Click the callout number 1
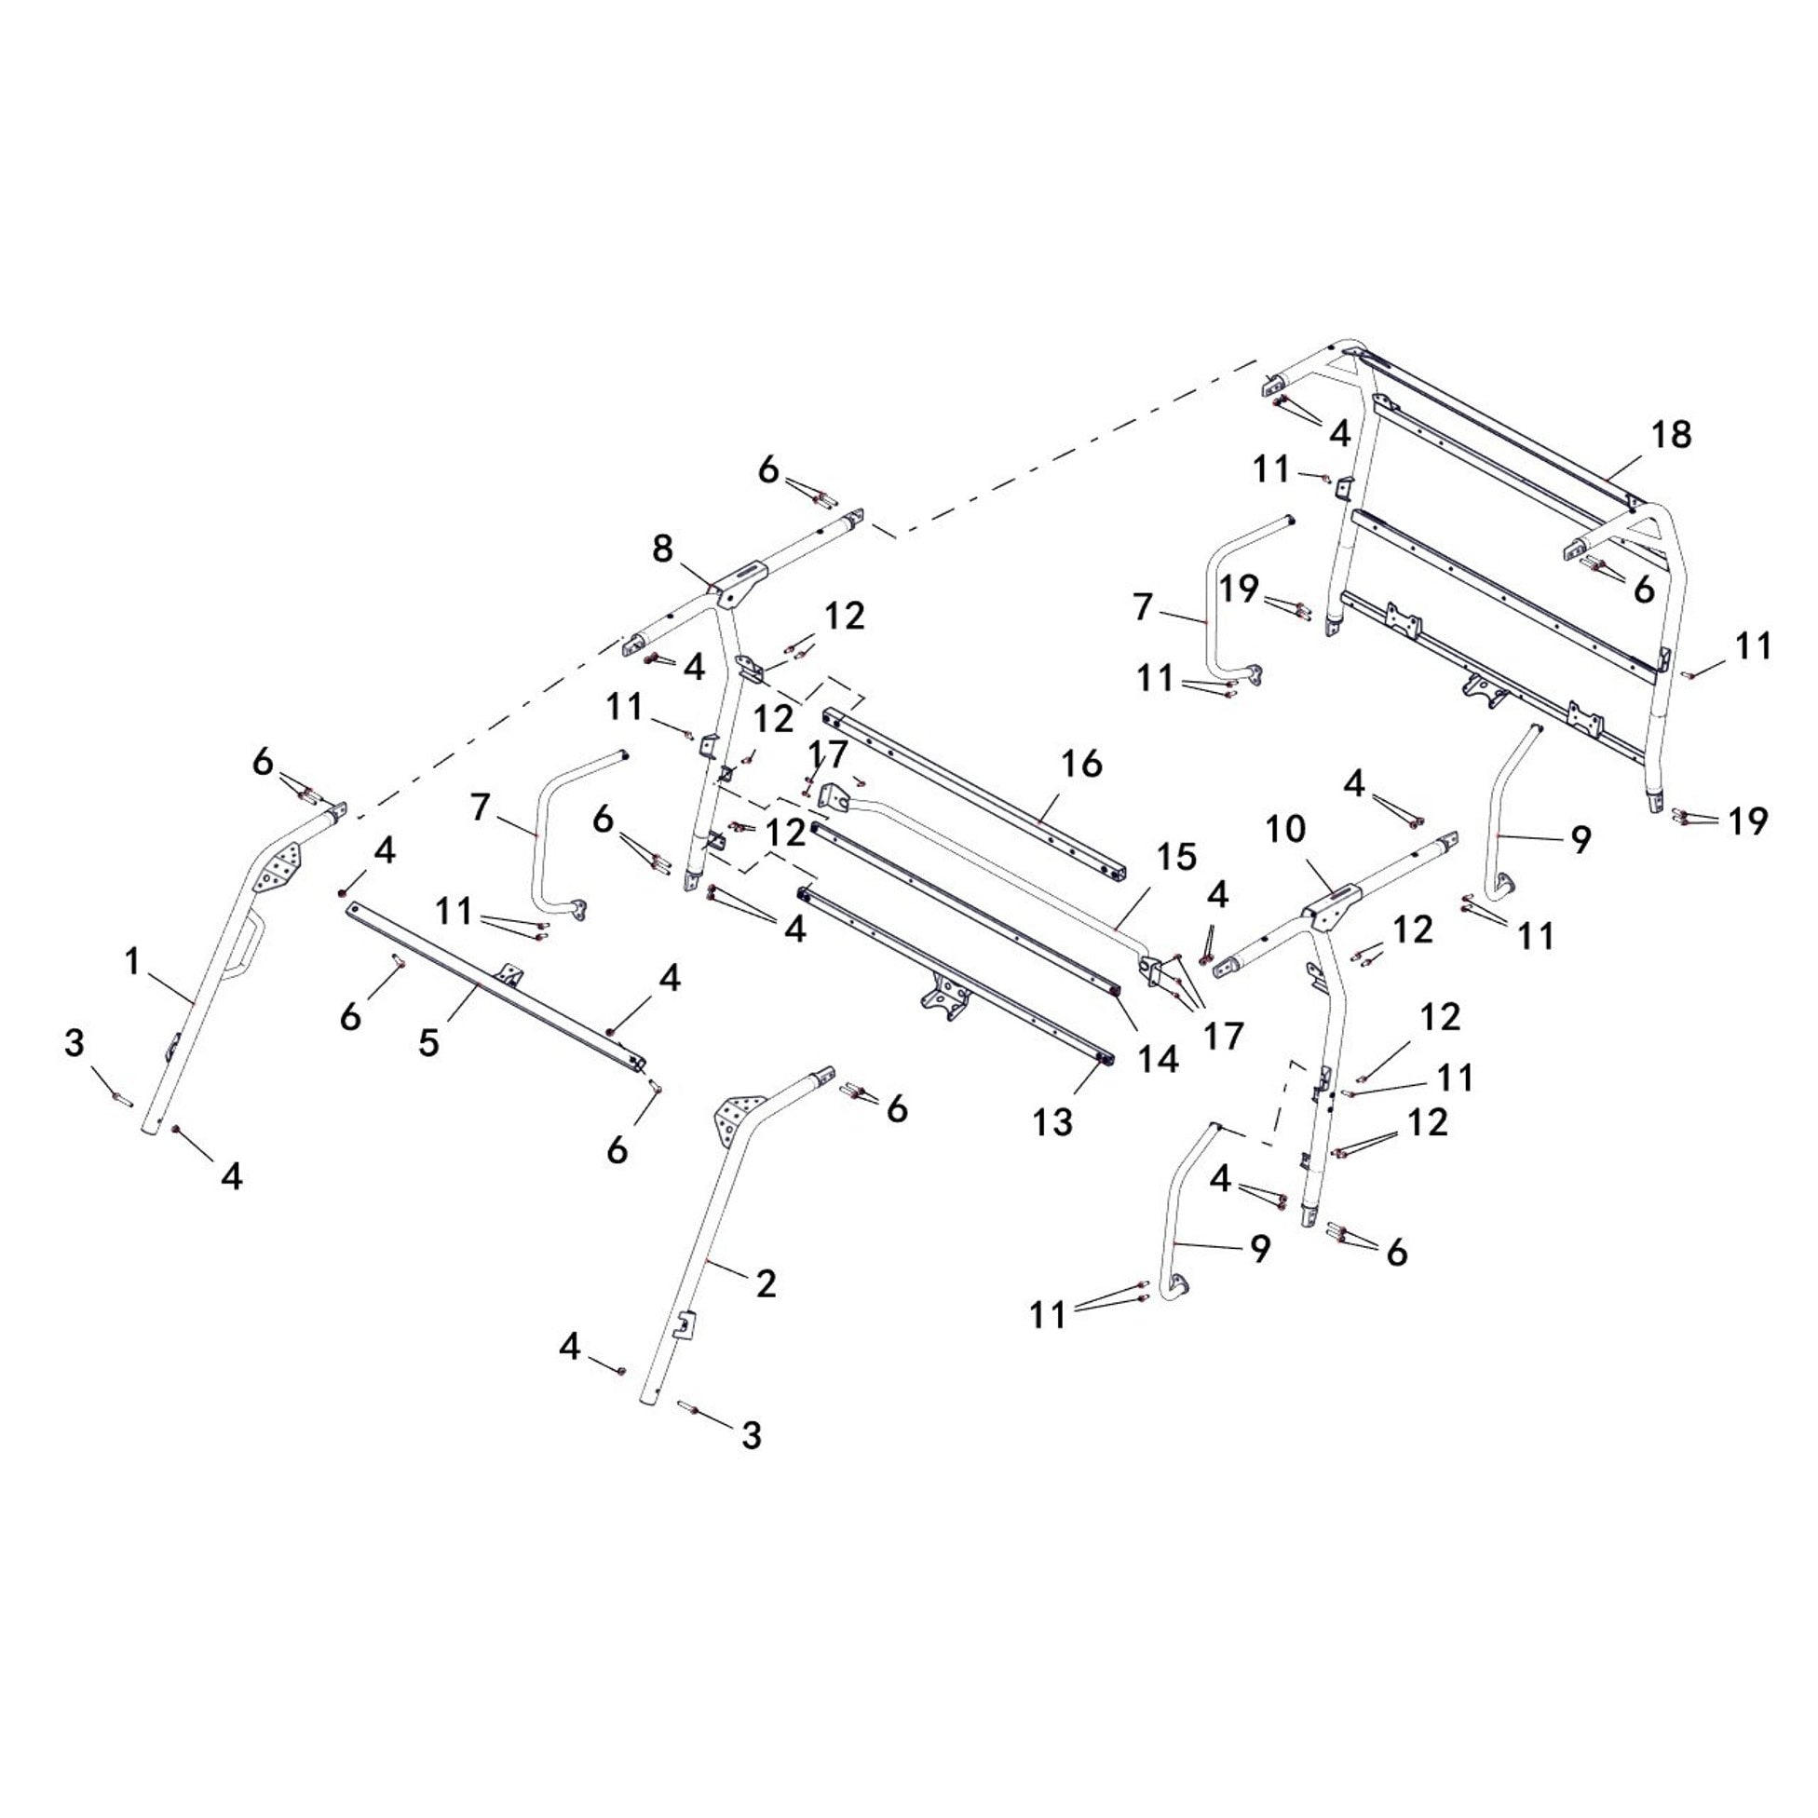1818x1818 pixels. [132, 961]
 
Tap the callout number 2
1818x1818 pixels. [766, 1283]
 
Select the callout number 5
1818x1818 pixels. [429, 1043]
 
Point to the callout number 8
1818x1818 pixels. [662, 549]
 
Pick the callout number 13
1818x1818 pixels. [1053, 1121]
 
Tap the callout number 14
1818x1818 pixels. [1158, 1059]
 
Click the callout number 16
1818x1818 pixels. [1082, 764]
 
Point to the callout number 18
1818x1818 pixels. [1671, 435]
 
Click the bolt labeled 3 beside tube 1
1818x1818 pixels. [122, 1098]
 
